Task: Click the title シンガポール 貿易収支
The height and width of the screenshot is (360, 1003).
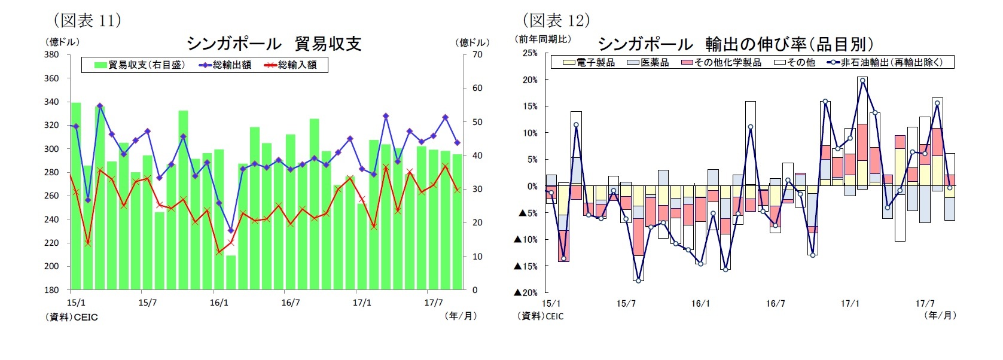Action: pyautogui.click(x=274, y=44)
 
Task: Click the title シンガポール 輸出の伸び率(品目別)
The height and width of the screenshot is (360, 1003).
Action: pyautogui.click(x=736, y=44)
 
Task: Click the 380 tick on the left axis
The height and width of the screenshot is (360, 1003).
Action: pyautogui.click(x=51, y=54)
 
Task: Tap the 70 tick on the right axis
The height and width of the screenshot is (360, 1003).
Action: pyautogui.click(x=477, y=54)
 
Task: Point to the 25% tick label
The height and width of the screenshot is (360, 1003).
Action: pyautogui.click(x=530, y=53)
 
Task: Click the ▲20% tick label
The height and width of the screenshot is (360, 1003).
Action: pyautogui.click(x=526, y=292)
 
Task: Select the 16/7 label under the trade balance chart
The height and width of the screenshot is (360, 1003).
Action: pyautogui.click(x=291, y=303)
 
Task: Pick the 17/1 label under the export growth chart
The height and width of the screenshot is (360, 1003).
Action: pyautogui.click(x=850, y=303)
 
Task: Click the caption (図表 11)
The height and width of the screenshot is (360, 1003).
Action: pyautogui.click(x=87, y=20)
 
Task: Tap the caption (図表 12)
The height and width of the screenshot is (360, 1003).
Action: pyautogui.click(x=556, y=20)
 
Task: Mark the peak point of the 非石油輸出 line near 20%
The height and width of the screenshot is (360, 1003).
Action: pyautogui.click(x=862, y=80)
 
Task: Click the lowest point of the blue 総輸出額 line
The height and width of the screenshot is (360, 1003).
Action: pyautogui.click(x=231, y=230)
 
